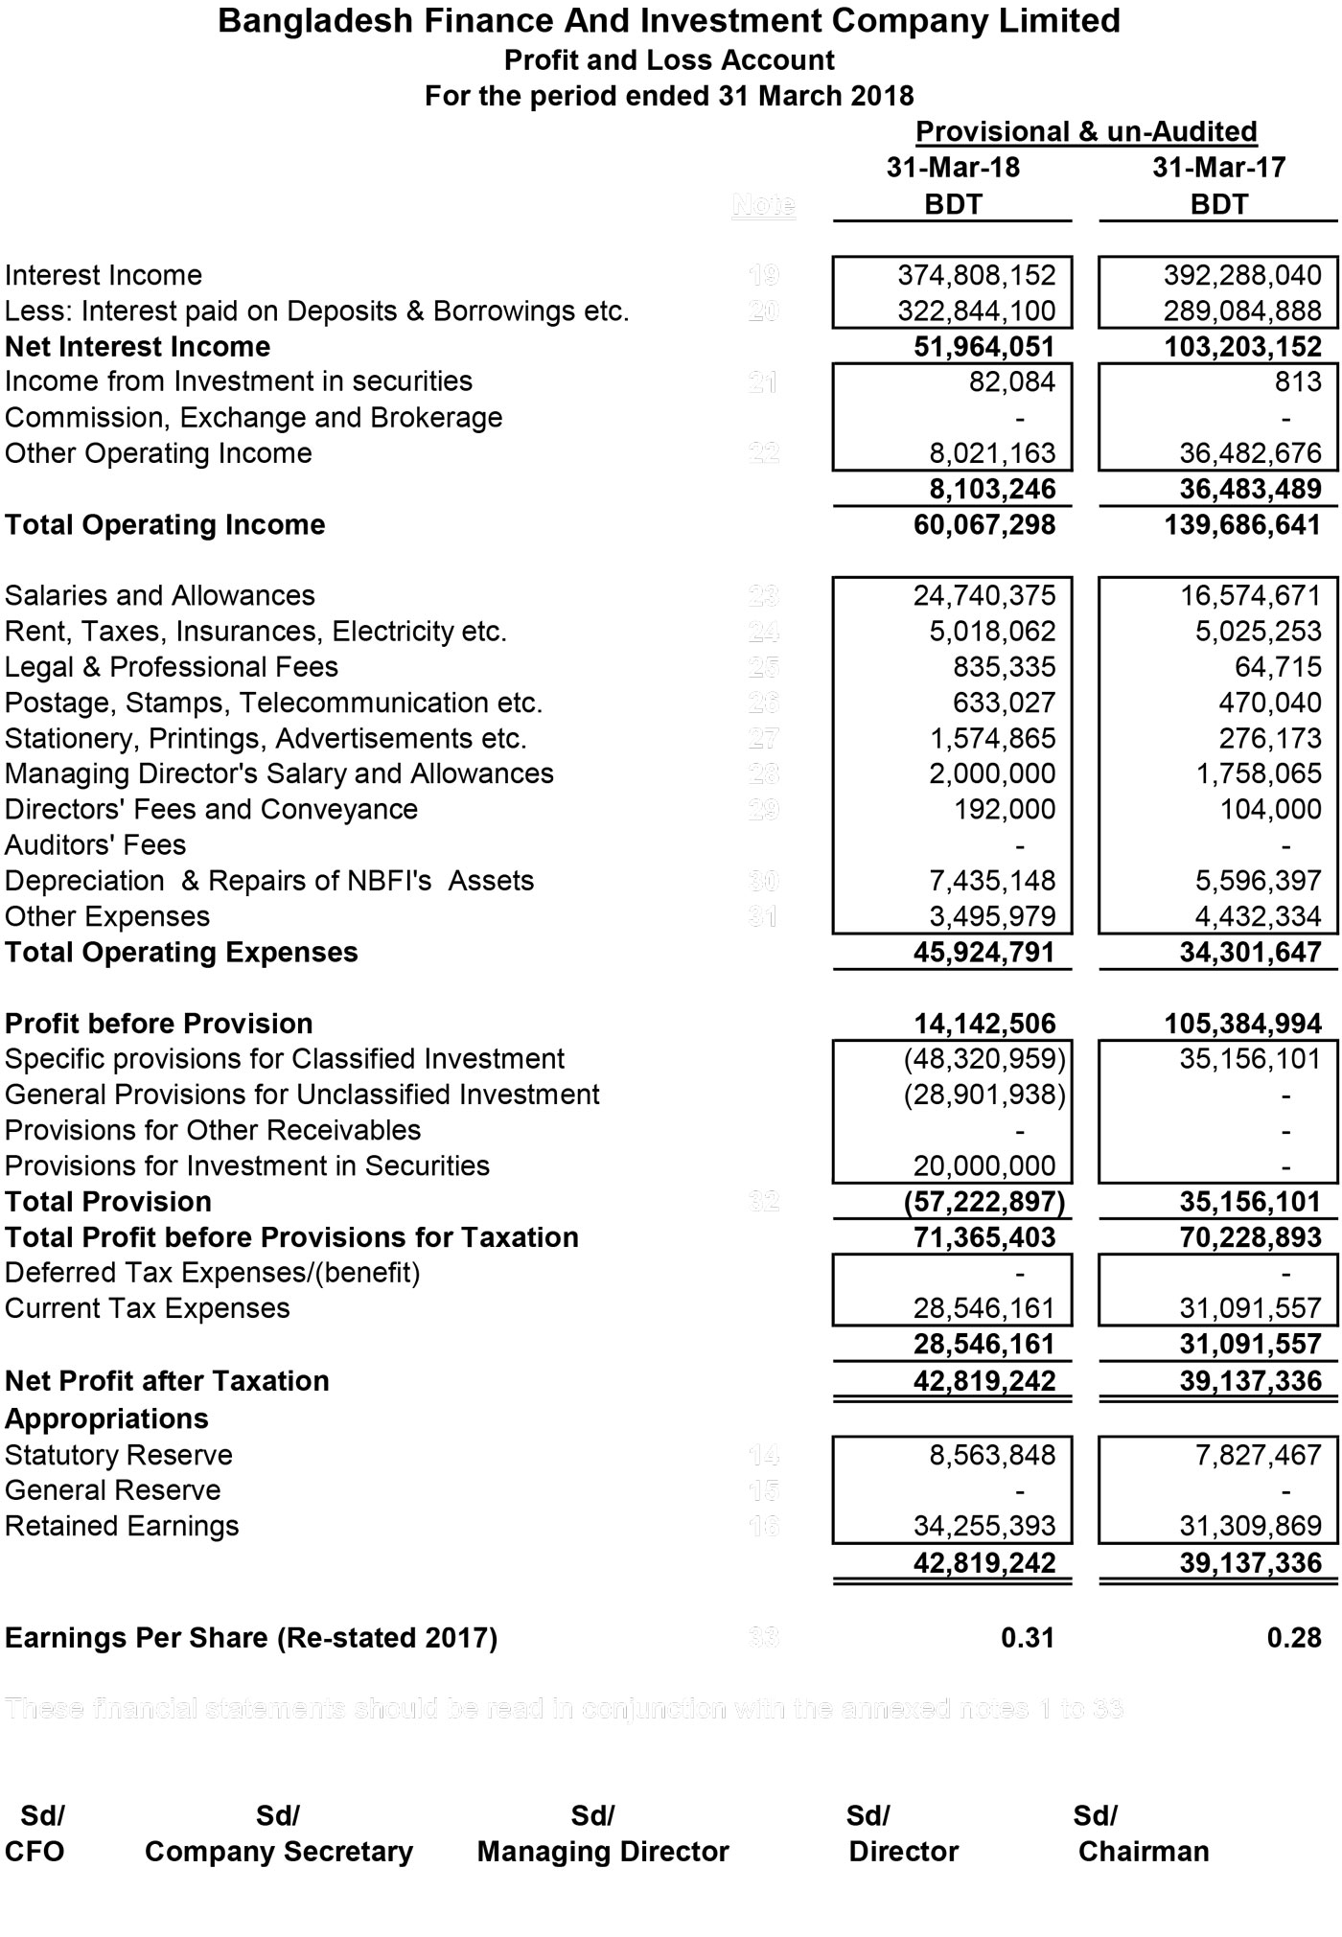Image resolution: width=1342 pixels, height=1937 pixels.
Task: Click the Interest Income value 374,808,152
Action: coord(976,276)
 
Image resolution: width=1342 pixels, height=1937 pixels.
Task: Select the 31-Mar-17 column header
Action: coord(1218,168)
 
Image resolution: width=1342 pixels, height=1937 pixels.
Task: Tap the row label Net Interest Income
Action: coord(137,346)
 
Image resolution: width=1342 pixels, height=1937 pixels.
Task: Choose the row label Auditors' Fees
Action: coord(95,845)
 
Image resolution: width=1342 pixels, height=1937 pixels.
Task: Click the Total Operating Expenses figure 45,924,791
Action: coord(983,953)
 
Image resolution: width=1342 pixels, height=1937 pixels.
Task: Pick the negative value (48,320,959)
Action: coord(984,1059)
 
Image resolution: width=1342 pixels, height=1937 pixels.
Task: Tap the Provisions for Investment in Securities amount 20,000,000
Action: coord(983,1166)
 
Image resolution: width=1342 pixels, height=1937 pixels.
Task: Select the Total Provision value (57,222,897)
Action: coord(984,1202)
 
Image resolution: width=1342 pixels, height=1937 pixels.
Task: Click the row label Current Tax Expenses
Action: coord(147,1309)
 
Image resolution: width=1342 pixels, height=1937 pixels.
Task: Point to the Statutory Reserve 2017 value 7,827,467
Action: coord(1258,1455)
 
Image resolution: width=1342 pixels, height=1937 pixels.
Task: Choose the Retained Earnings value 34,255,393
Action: coord(983,1526)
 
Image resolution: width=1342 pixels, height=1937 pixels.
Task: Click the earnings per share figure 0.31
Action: coord(1027,1638)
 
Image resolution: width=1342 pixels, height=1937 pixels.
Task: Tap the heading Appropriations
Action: coord(105,1418)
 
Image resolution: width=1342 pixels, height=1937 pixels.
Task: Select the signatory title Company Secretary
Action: coord(278,1852)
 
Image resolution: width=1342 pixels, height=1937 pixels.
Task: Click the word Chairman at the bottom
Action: coord(1143,1852)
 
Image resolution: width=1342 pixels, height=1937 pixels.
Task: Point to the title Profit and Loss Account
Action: coord(669,60)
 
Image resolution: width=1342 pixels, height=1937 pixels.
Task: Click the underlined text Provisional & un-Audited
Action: coord(1086,132)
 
